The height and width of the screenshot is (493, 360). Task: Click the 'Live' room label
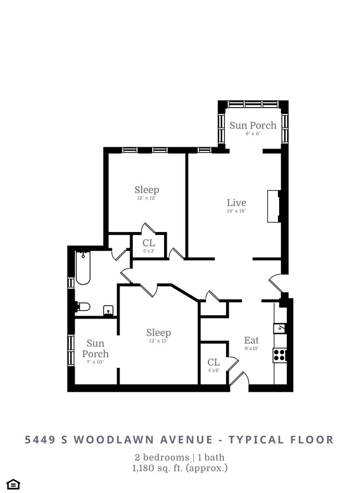(x=236, y=203)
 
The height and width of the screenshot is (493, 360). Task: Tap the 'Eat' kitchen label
(x=251, y=340)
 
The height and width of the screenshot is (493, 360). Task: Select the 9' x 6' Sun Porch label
(x=253, y=125)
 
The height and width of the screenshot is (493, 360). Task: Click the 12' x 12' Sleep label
(x=147, y=190)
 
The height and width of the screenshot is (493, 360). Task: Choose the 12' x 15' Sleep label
(x=158, y=333)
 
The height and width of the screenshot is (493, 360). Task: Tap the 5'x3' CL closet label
(x=148, y=243)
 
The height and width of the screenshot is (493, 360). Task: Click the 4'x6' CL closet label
(x=213, y=363)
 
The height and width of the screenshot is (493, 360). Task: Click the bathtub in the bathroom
(x=83, y=268)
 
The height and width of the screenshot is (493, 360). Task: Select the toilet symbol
(x=83, y=306)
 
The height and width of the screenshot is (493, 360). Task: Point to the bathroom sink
(x=109, y=310)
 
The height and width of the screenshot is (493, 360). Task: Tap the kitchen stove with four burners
(x=280, y=355)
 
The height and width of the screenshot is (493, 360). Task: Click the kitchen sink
(x=280, y=328)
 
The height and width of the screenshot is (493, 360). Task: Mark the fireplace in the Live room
(x=274, y=206)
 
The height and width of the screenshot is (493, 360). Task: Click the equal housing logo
(x=13, y=484)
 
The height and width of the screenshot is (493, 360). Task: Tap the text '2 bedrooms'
(x=160, y=458)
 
